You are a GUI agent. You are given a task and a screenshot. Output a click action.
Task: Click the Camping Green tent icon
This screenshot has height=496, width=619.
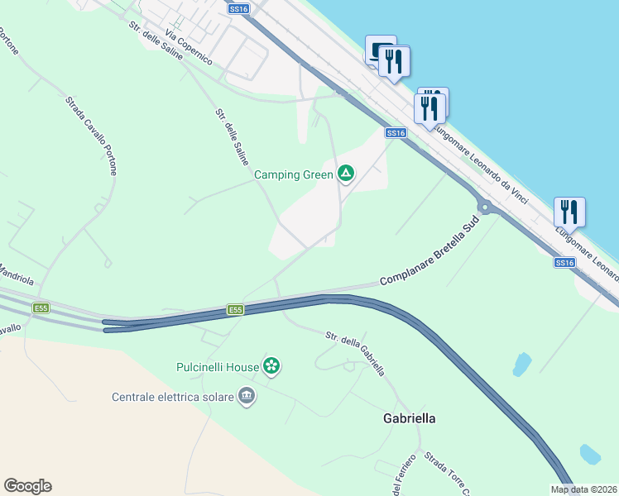(346, 174)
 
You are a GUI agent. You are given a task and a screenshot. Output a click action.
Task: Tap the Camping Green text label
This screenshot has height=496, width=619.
(293, 174)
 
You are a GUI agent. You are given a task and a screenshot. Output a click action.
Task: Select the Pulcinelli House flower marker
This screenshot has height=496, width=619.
(272, 365)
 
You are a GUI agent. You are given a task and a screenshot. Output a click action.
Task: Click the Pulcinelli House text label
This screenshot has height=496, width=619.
(218, 366)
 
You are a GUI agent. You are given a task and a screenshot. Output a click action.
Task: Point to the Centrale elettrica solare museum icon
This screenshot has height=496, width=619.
(246, 397)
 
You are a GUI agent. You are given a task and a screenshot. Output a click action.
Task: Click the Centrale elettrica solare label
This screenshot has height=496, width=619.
(172, 397)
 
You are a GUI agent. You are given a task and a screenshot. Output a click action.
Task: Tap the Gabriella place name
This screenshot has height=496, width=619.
(409, 418)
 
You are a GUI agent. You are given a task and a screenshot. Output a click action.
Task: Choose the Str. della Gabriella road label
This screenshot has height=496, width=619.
(355, 353)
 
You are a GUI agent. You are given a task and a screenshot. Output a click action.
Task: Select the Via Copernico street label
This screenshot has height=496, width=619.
(189, 48)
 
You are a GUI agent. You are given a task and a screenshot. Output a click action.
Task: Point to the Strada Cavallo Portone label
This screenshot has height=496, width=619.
(91, 136)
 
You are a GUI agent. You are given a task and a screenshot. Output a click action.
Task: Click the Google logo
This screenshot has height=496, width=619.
(27, 486)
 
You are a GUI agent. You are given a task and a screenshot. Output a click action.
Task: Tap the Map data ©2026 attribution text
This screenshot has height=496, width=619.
(583, 489)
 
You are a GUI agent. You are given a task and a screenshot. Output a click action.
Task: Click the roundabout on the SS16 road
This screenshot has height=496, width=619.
(485, 207)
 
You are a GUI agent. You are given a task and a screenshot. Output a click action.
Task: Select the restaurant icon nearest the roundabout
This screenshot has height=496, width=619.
(569, 212)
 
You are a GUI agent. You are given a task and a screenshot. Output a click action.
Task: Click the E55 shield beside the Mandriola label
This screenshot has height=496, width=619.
(41, 308)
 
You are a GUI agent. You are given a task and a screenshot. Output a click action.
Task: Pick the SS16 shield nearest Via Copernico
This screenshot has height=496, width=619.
(238, 8)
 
